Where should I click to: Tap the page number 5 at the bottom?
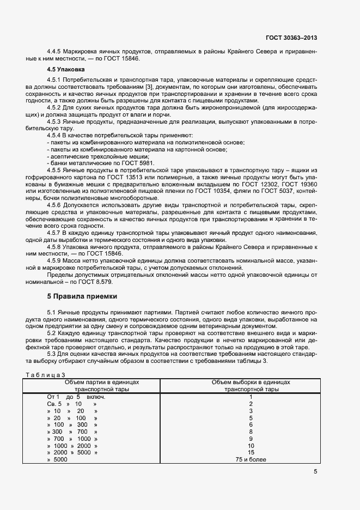tap(315, 472)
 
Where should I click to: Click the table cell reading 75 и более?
tap(251, 459)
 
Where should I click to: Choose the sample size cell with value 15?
tap(251, 452)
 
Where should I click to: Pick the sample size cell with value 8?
tap(251, 431)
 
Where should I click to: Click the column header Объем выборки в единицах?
tap(251, 382)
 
